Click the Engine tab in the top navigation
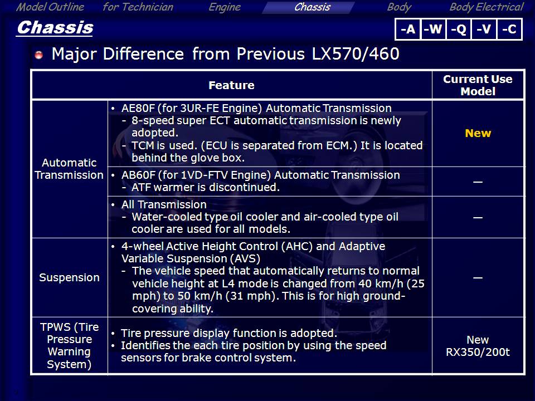225,7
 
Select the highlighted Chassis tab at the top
312,7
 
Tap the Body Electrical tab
487,7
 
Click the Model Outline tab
50,7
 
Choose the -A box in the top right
408,30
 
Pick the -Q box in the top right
459,30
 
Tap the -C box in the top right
509,30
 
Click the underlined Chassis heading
55,28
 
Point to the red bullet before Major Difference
38,55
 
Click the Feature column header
231,85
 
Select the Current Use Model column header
478,85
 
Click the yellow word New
478,133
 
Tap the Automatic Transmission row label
69,169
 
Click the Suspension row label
69,277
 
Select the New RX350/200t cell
478,346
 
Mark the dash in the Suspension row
478,278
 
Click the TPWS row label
69,346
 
